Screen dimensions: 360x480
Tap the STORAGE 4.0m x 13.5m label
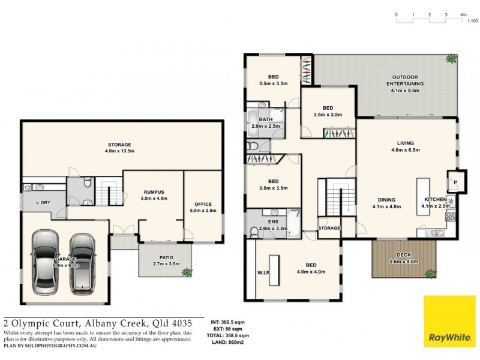[119, 148]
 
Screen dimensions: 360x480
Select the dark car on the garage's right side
[83, 260]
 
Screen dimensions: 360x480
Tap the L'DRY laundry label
[43, 202]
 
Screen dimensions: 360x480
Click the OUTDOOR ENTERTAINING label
[408, 80]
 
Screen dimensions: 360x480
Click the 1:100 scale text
[472, 20]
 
